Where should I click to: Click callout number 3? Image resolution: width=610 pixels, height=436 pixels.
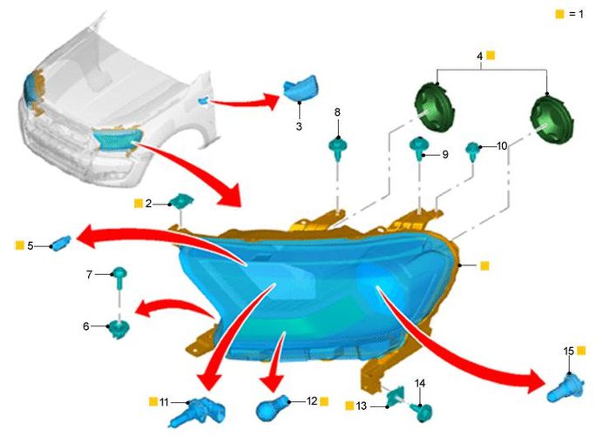point(299,127)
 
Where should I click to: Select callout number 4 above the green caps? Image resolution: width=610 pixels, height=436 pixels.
point(479,56)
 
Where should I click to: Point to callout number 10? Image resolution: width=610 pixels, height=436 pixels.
point(502,147)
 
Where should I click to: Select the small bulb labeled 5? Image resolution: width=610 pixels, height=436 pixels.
point(61,242)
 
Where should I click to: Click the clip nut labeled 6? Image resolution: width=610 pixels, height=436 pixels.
point(119,328)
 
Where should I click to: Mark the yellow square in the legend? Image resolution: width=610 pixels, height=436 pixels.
point(559,16)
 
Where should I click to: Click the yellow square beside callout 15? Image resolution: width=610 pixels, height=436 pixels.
point(581,350)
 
